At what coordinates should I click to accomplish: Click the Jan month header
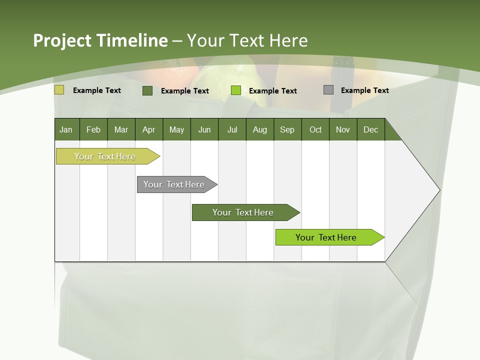click(x=66, y=129)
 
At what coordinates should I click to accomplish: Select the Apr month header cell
click(x=149, y=129)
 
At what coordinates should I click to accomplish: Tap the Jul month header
click(x=232, y=129)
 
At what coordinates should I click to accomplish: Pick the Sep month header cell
click(x=287, y=129)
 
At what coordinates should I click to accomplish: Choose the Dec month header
click(x=370, y=129)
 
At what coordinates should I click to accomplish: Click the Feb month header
click(x=93, y=129)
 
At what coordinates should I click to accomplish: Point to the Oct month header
click(x=315, y=129)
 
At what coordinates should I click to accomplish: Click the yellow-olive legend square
click(x=59, y=90)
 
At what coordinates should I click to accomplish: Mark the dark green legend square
click(x=147, y=90)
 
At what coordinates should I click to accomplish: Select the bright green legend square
click(x=236, y=90)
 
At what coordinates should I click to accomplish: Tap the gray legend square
click(x=328, y=90)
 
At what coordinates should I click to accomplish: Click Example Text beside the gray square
click(x=364, y=90)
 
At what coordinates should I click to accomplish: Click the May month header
click(x=176, y=129)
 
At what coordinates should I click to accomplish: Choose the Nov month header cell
click(x=343, y=129)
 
